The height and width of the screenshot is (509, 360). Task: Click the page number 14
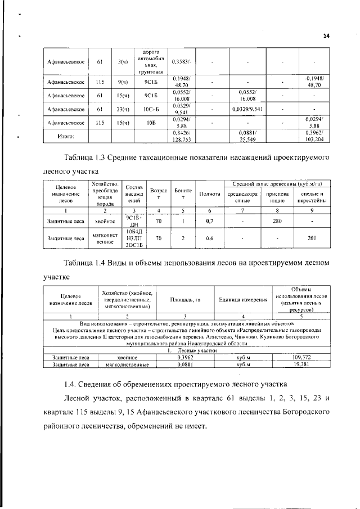tap(326, 36)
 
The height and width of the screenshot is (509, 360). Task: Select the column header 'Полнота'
tap(209, 194)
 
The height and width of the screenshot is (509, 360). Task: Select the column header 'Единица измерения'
tap(242, 299)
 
